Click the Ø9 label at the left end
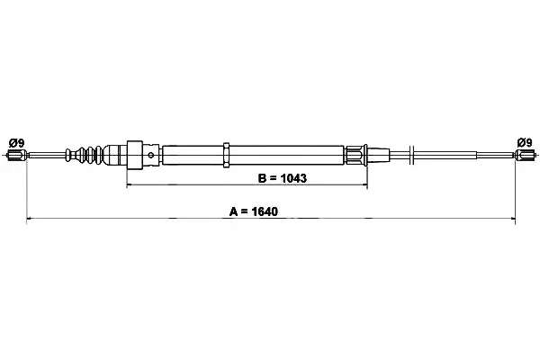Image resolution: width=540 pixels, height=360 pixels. (x=16, y=142)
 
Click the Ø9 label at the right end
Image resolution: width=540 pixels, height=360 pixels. (x=525, y=142)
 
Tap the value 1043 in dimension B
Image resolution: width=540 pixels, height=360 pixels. (x=293, y=178)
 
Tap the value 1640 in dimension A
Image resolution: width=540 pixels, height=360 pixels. (x=265, y=211)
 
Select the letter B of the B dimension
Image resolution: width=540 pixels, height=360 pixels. (x=262, y=178)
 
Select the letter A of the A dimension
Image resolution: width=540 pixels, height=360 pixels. (x=233, y=211)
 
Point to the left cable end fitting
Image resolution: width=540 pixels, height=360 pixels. (x=16, y=156)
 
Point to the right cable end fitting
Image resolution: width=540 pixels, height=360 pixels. (x=525, y=155)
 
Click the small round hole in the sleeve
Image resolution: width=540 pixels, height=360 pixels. (x=151, y=155)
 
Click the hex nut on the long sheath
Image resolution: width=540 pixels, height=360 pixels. (x=226, y=155)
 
